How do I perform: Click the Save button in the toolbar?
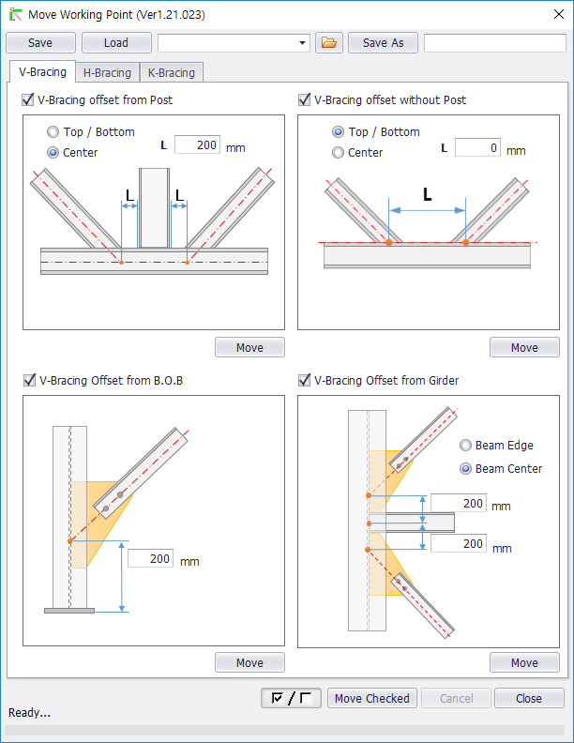pos(40,43)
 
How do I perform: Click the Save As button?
pos(383,43)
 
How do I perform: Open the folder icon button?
pos(329,43)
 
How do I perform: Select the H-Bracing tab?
pos(107,73)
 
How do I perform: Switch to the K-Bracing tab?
pos(172,73)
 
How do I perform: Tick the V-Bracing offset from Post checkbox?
pos(29,99)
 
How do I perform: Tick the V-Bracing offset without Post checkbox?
pos(304,99)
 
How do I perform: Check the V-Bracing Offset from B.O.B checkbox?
pos(29,380)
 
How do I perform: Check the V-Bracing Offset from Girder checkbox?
pos(304,380)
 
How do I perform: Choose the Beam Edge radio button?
pos(466,446)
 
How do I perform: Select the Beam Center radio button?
pos(466,468)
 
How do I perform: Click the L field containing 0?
pos(477,148)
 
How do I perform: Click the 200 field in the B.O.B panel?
pos(150,559)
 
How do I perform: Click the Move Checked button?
pos(371,698)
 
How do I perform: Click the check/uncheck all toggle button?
pos(291,698)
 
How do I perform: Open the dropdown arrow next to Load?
pos(302,43)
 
